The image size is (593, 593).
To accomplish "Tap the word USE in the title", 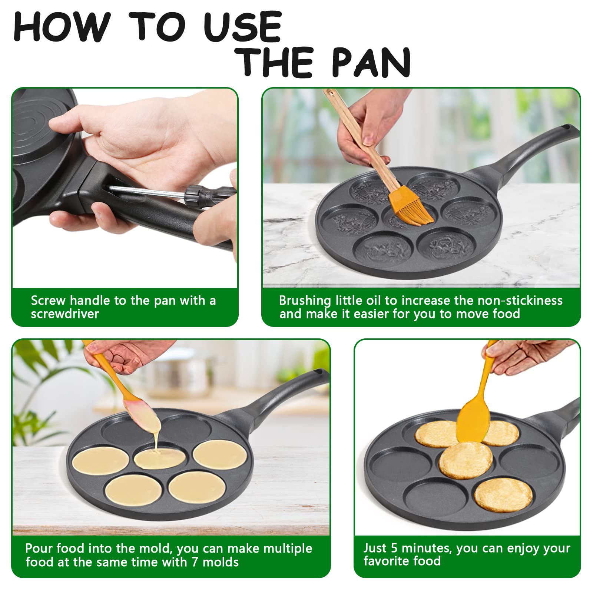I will (x=243, y=27).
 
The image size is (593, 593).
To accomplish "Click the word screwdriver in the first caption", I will (x=65, y=314).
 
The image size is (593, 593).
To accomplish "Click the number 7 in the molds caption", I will (x=195, y=562).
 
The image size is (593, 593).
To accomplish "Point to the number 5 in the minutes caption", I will (x=395, y=548).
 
